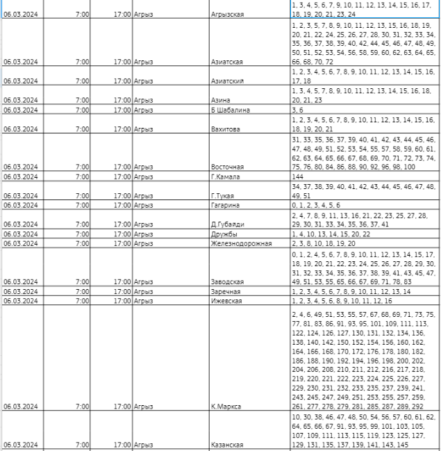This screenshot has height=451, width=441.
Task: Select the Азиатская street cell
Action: click(228, 62)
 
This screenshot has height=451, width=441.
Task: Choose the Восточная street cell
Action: click(228, 167)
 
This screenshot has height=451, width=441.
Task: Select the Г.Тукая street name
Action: click(223, 196)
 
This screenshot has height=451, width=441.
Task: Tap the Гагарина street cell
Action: click(226, 206)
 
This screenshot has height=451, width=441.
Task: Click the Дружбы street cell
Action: click(224, 234)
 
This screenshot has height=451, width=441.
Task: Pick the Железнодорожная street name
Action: click(241, 243)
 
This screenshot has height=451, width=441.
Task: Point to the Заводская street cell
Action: click(227, 281)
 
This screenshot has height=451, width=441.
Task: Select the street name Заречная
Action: click(226, 291)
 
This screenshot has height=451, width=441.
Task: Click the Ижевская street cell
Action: click(226, 301)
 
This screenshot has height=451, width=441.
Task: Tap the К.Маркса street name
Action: click(226, 406)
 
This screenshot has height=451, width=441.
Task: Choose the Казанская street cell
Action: click(227, 444)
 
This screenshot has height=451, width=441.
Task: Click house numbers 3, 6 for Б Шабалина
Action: click(298, 110)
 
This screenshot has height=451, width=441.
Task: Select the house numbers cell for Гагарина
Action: click(316, 206)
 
